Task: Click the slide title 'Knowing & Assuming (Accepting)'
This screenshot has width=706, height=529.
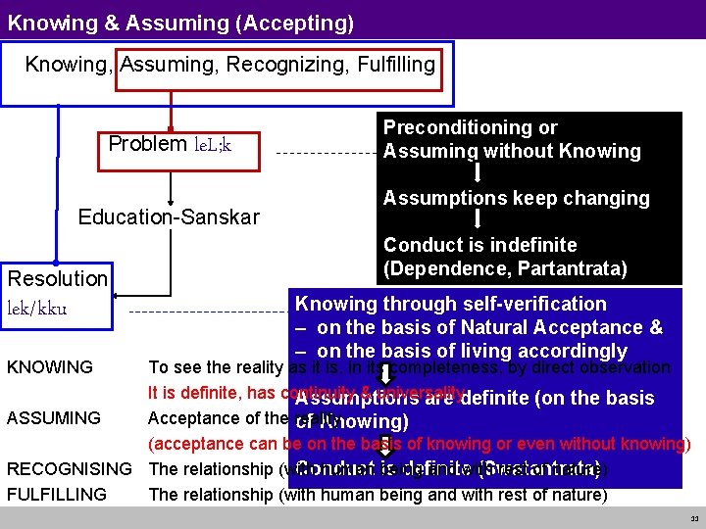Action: (x=180, y=22)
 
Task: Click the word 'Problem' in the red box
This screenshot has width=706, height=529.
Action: (x=147, y=144)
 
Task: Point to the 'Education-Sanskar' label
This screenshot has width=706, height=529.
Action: (x=169, y=216)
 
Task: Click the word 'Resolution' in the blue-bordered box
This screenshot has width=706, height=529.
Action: (x=58, y=278)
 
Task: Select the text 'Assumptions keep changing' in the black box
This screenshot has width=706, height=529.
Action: (x=516, y=198)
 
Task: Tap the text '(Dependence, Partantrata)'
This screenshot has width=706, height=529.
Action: (x=505, y=267)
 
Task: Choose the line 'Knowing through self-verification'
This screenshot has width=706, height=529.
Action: (x=451, y=304)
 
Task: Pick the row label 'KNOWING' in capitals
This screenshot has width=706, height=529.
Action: (x=50, y=368)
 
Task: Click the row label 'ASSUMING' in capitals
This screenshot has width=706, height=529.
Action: (x=54, y=418)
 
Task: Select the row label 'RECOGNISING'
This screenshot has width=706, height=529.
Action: (x=70, y=468)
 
